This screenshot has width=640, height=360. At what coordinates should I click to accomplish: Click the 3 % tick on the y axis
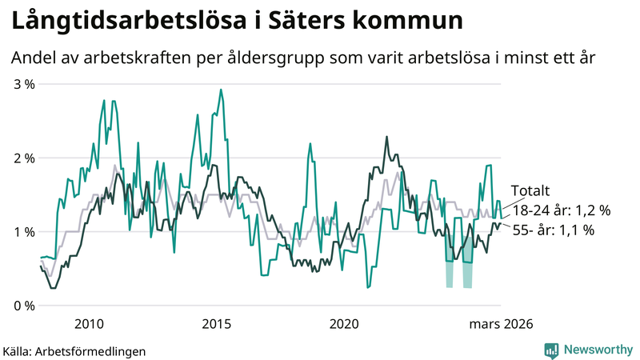24,84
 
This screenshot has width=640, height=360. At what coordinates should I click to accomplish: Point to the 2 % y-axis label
24,158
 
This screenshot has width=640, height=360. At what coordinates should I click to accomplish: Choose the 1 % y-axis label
24,232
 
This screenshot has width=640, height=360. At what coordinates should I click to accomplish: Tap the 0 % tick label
24,306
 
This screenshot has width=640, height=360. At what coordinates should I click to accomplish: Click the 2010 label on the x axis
88,323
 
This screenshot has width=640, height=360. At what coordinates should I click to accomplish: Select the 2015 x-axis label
216,323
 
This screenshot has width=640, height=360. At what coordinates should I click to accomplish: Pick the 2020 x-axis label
344,323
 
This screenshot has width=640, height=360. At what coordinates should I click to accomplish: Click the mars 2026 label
501,323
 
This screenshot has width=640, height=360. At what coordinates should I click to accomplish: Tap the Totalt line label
530,191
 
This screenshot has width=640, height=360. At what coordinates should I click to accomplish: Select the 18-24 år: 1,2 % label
562,210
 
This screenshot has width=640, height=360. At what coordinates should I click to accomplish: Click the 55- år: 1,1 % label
553,230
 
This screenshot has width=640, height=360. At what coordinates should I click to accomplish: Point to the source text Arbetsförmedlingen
94,350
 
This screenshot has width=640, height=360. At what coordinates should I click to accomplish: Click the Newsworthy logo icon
551,350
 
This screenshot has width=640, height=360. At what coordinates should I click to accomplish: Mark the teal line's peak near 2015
221,90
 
